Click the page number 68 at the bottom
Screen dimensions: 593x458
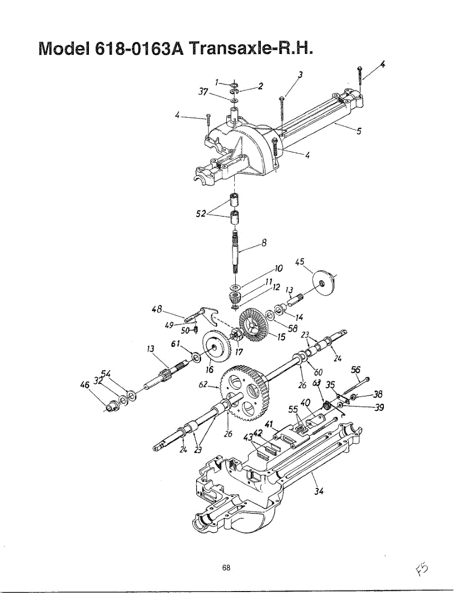226,568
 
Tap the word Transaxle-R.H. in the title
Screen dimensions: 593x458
251,50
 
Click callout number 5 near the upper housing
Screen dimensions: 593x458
359,131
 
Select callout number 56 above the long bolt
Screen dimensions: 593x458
355,369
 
